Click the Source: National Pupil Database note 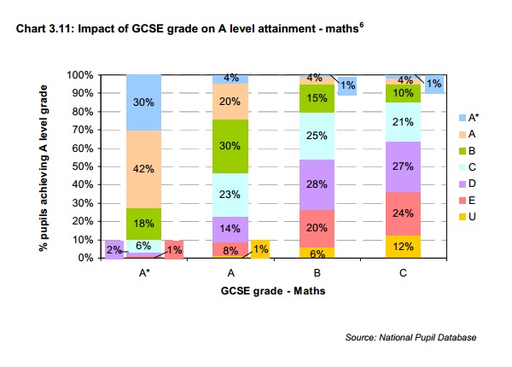(x=410, y=339)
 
